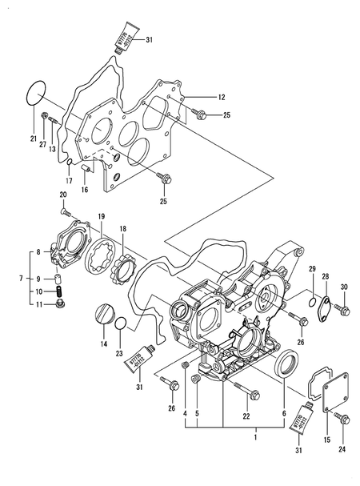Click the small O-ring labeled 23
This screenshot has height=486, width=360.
coord(120,323)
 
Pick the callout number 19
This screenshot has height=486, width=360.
coord(101,216)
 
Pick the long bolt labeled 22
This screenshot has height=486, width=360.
coord(243,390)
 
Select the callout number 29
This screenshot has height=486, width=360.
coord(313,267)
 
